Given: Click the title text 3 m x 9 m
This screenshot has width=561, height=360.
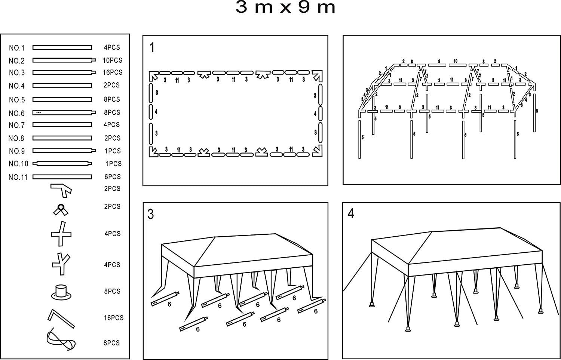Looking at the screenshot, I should pyautogui.click(x=285, y=8).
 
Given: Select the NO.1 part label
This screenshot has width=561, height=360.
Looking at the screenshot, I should pyautogui.click(x=16, y=48).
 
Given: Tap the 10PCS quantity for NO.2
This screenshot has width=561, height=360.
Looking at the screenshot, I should pyautogui.click(x=113, y=60).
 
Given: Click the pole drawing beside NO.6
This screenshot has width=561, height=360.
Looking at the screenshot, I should pyautogui.click(x=64, y=112).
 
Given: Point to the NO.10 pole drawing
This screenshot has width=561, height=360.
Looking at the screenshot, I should pyautogui.click(x=62, y=163).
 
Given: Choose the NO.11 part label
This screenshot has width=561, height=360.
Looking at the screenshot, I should pyautogui.click(x=18, y=177).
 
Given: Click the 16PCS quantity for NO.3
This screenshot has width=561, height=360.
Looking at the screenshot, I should pyautogui.click(x=113, y=72).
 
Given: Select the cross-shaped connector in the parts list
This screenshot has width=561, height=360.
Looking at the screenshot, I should pyautogui.click(x=61, y=234).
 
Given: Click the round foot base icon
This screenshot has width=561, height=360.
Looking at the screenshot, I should pyautogui.click(x=61, y=292).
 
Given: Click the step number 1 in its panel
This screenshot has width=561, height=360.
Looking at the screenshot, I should pyautogui.click(x=152, y=48).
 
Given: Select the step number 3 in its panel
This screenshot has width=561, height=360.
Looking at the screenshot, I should pyautogui.click(x=151, y=215).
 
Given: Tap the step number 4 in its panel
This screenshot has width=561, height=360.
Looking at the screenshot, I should pyautogui.click(x=350, y=214).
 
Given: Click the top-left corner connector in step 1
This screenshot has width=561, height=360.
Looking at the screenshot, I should pyautogui.click(x=153, y=76).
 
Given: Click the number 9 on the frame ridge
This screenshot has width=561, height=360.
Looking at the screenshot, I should pyautogui.click(x=439, y=61).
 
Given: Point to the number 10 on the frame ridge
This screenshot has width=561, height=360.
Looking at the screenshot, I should pyautogui.click(x=455, y=61).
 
